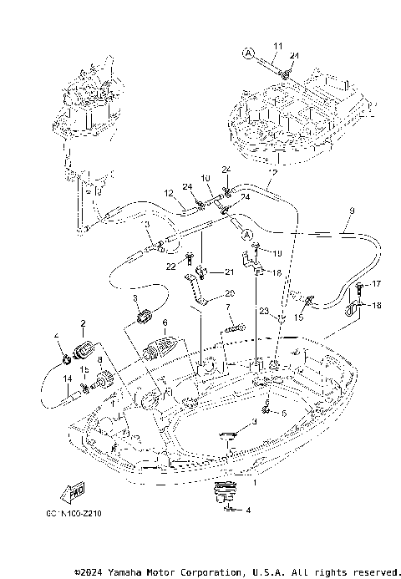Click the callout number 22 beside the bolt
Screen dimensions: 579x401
(170, 266)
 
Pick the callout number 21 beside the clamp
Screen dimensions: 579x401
(228, 272)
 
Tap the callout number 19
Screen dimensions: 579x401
(277, 253)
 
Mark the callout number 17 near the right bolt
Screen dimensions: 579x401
(376, 284)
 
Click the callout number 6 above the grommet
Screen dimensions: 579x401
(165, 322)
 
